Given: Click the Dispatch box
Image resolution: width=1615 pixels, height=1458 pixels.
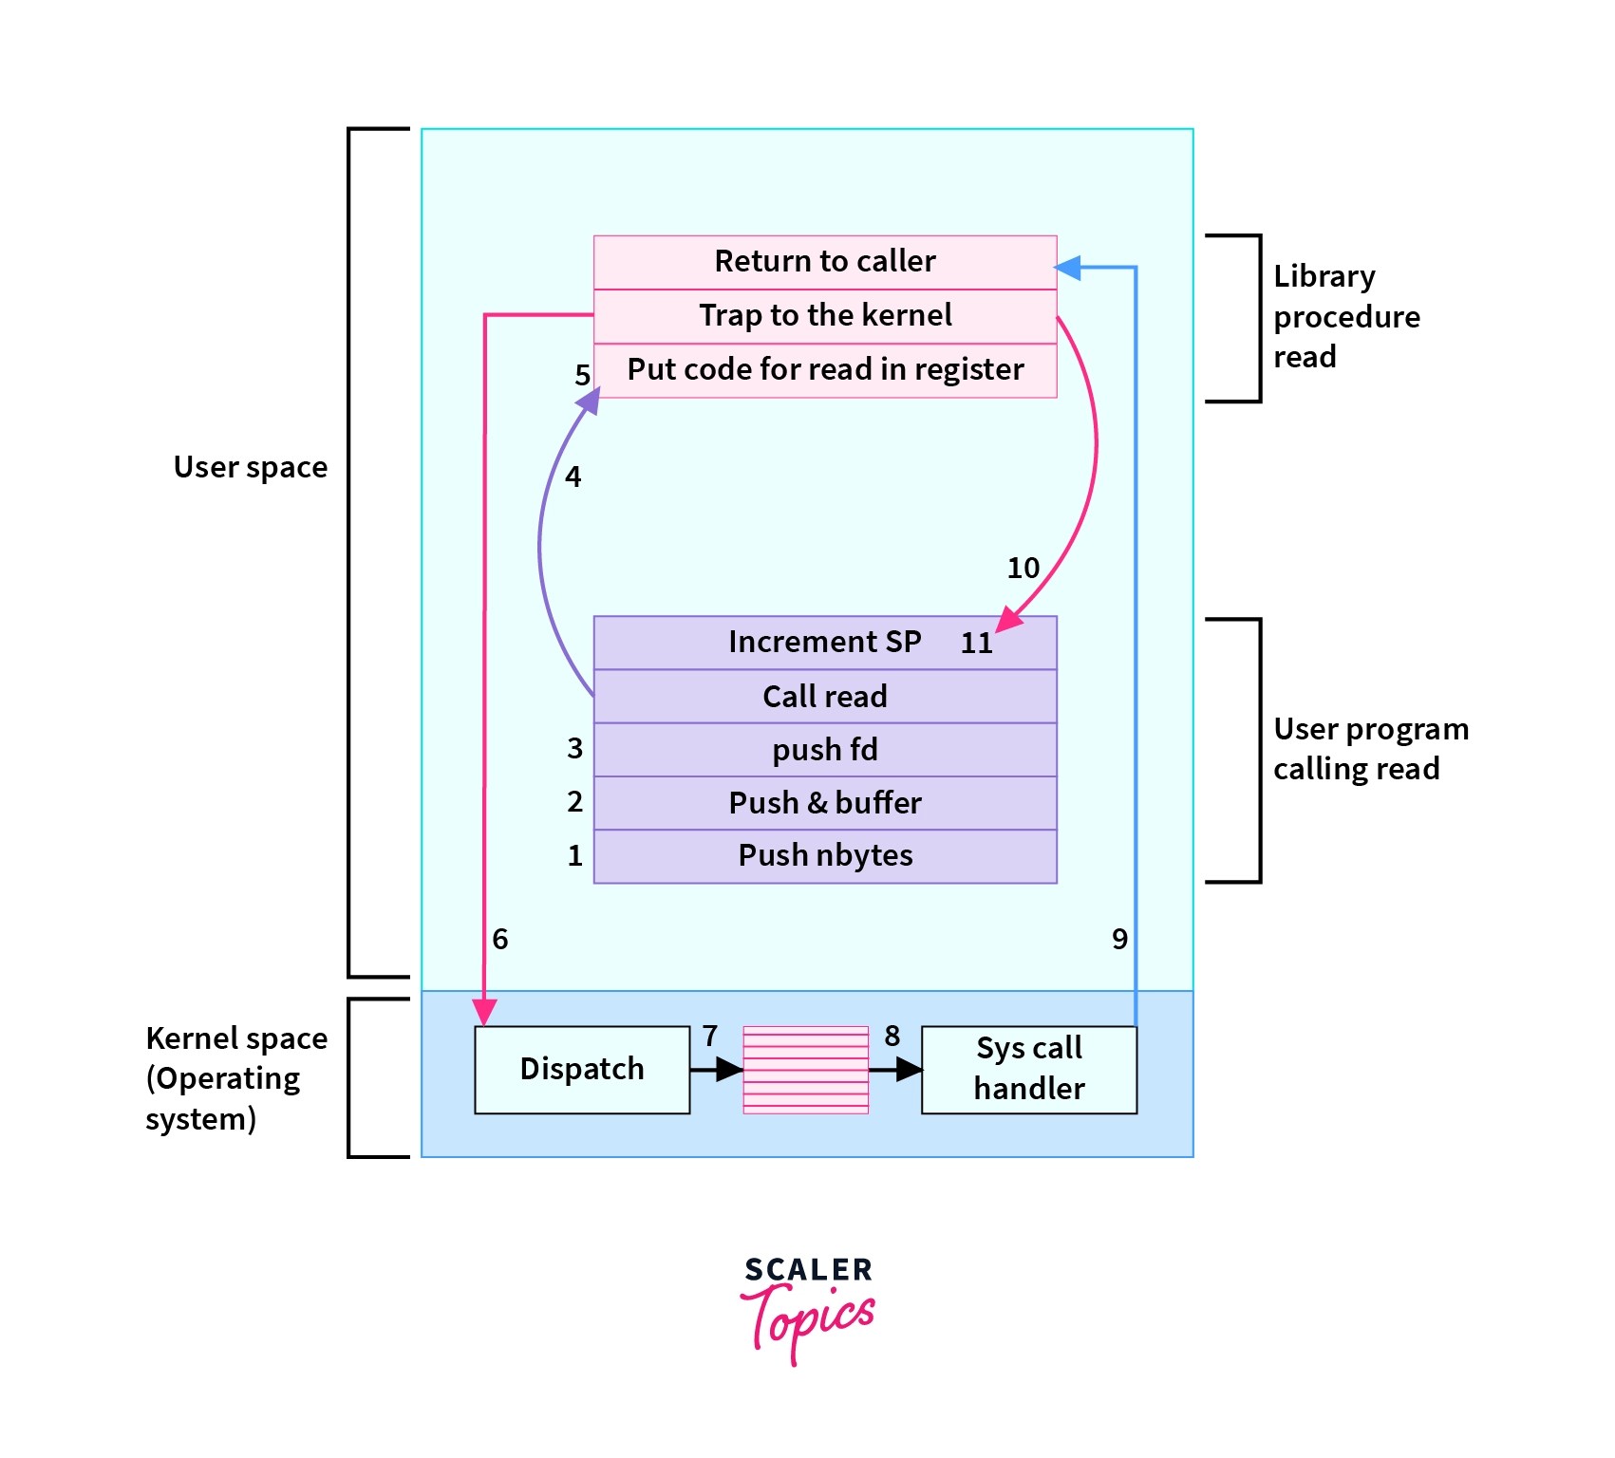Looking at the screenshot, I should tap(582, 1069).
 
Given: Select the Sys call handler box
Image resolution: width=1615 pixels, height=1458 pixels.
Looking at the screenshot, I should tap(1028, 1069).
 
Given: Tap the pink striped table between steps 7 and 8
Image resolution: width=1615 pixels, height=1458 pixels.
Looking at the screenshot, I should tap(805, 1069).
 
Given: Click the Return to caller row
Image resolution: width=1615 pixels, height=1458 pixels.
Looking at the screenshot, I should tap(824, 261).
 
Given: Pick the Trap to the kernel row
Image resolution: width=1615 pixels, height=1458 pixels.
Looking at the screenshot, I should tap(824, 315).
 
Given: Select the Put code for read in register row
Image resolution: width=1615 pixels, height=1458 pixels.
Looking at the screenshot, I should tap(824, 369).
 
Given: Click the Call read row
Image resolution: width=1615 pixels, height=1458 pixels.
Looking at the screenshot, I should tap(824, 696).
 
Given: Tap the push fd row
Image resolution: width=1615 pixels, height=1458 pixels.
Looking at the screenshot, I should tap(824, 750).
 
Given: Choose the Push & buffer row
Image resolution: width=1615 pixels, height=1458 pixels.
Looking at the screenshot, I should tap(824, 803).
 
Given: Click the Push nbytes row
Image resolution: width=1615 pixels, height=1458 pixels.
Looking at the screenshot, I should tap(824, 855).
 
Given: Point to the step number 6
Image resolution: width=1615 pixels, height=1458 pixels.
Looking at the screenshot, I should tap(500, 939).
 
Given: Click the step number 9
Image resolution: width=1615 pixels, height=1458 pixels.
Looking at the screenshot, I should tap(1119, 939).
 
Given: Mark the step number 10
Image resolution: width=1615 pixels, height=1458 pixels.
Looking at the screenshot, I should tap(1023, 568).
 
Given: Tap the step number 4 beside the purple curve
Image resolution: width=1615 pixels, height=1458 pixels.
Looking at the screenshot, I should tap(573, 477).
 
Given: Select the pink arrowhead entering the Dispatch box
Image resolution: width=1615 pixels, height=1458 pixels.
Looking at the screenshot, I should tap(484, 1012).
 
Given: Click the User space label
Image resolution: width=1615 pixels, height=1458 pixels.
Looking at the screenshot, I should tap(250, 467).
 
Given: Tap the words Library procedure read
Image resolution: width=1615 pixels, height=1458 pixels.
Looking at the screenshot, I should tap(1345, 316).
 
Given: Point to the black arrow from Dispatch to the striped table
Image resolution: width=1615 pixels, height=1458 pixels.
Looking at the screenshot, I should tap(716, 1070).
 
